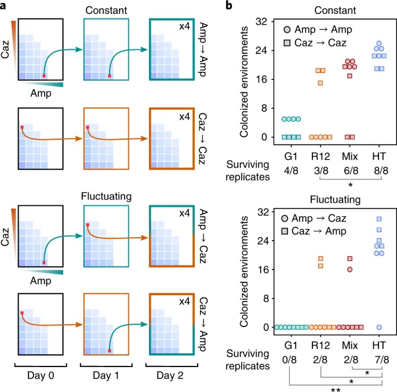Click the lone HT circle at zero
(380, 327)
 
